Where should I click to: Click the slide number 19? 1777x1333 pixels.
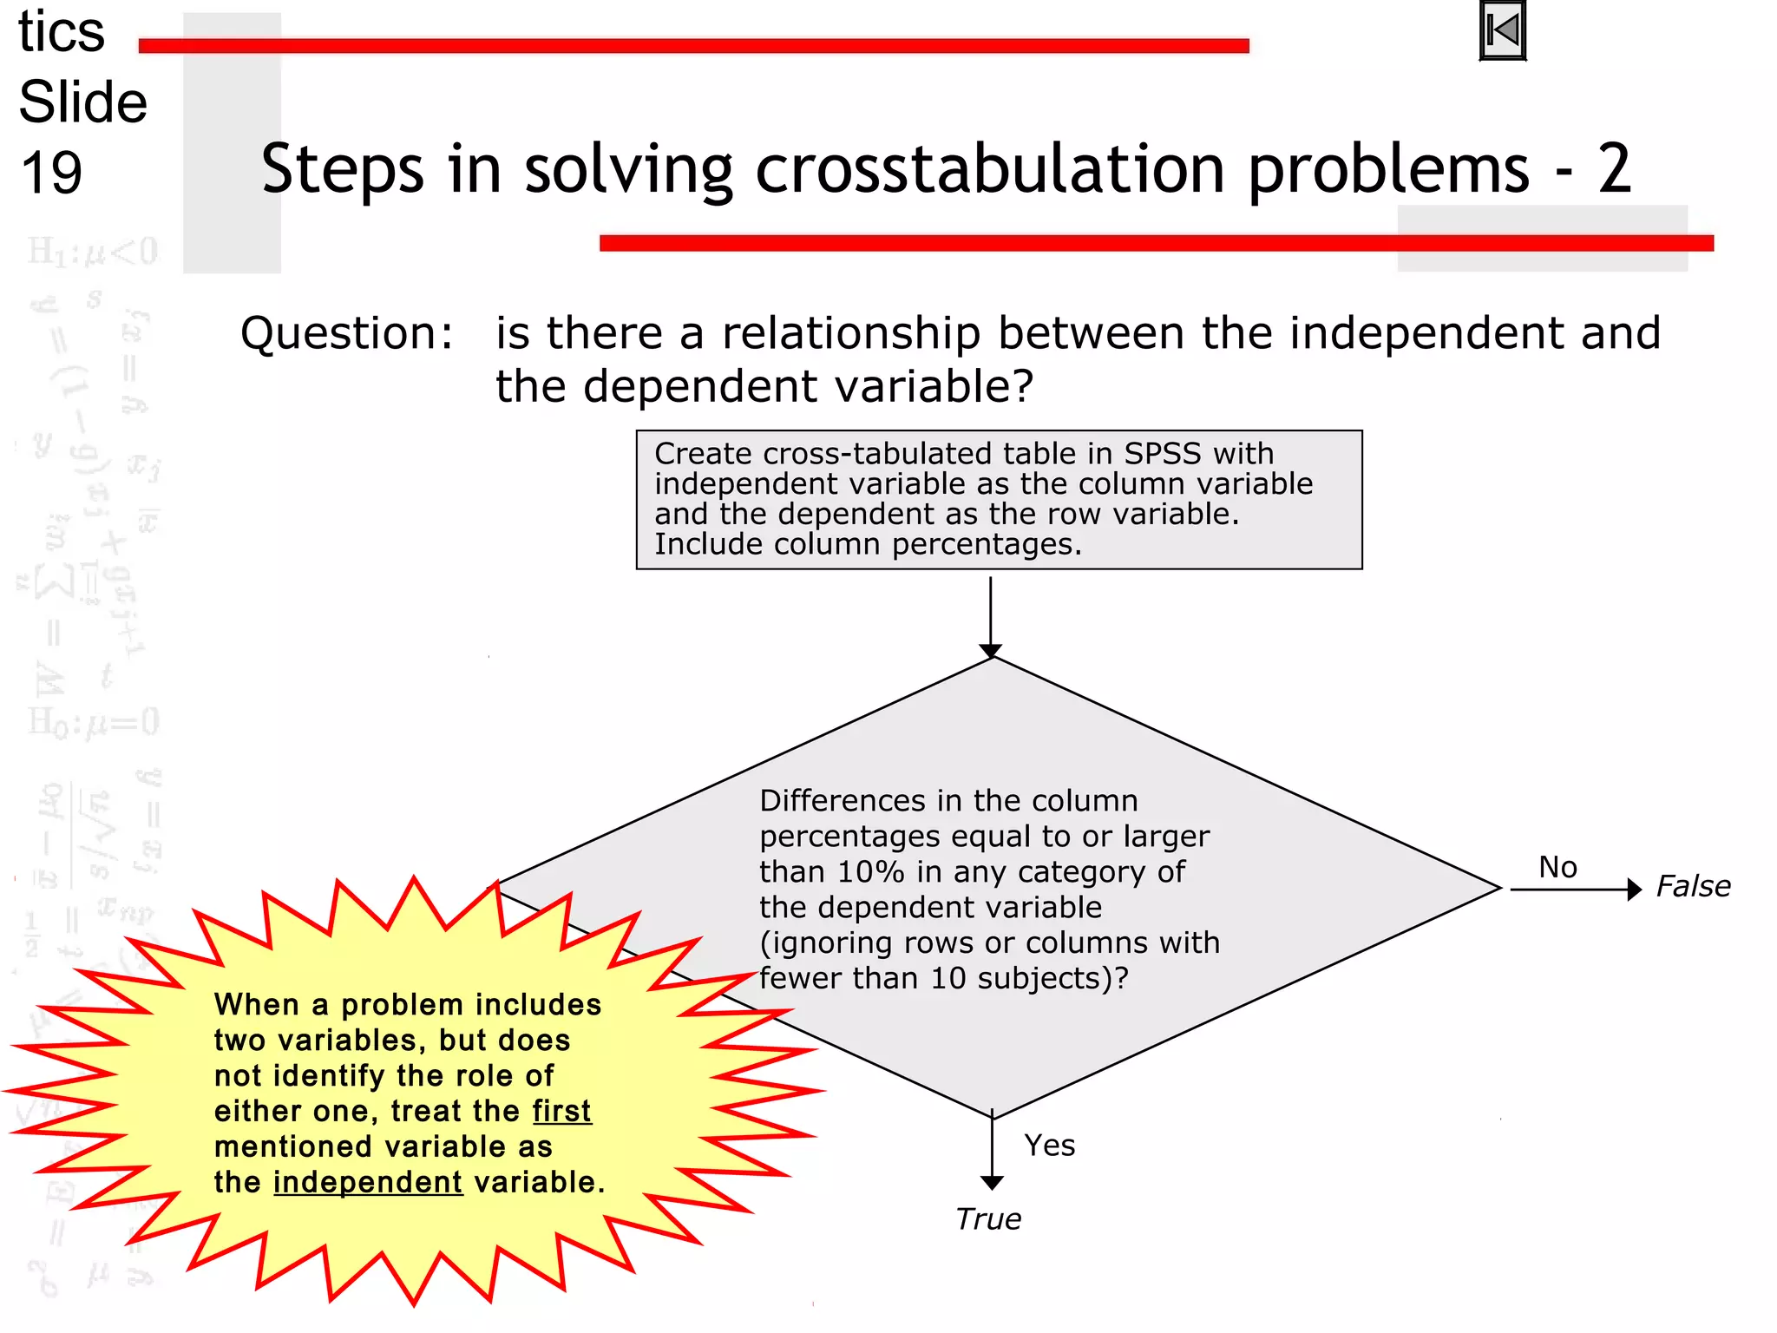[x=51, y=172]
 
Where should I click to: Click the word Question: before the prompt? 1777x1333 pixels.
[x=346, y=333]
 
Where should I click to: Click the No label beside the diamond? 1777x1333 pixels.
[x=1557, y=867]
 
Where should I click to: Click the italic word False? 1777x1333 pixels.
[x=1693, y=886]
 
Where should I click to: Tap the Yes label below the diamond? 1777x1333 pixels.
[x=1049, y=1146]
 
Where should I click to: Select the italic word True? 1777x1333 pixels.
[x=988, y=1219]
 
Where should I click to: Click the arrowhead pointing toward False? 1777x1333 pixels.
[x=1635, y=890]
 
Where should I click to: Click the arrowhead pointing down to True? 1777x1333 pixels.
[x=992, y=1183]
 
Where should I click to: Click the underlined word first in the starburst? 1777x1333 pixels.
[x=562, y=1112]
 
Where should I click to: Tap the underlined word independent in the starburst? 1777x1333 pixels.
[x=368, y=1183]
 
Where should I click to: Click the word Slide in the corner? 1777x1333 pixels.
[x=83, y=102]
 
